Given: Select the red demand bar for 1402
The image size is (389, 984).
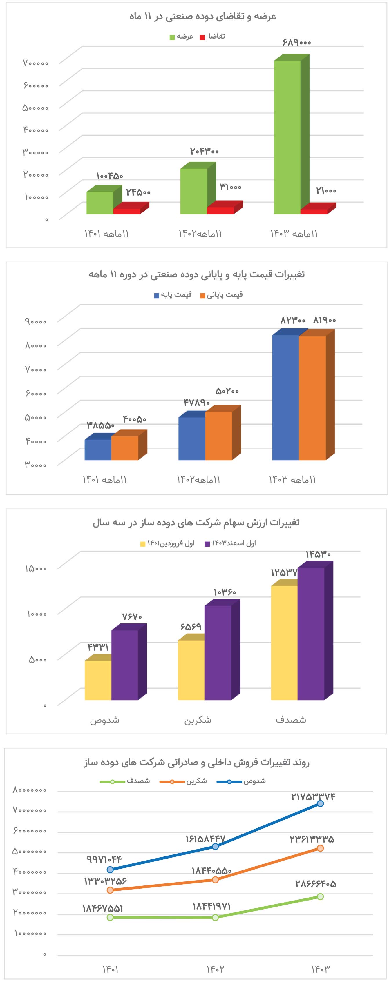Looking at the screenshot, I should coord(220,210).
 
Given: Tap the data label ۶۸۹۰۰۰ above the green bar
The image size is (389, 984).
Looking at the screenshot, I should coord(296,42).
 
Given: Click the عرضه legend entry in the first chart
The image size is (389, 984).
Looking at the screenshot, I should coord(182,37).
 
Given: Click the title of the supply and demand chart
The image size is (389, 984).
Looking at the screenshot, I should coord(202,17).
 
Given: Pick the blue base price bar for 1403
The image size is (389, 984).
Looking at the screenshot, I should coord(285,397).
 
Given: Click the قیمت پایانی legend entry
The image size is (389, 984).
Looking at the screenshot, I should coord(222,295).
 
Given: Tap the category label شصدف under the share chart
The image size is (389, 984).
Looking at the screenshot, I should coord(291,720).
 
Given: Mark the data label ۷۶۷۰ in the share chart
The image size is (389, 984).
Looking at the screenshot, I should coord(132,616).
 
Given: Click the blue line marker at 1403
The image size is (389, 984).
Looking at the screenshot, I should coord(320,803).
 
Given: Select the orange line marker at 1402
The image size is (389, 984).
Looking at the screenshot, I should coord(215,880).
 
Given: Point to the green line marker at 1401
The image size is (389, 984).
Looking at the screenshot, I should coord(110,917).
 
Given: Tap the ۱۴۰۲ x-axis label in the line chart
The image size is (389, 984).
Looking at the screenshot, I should coord(215,969).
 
